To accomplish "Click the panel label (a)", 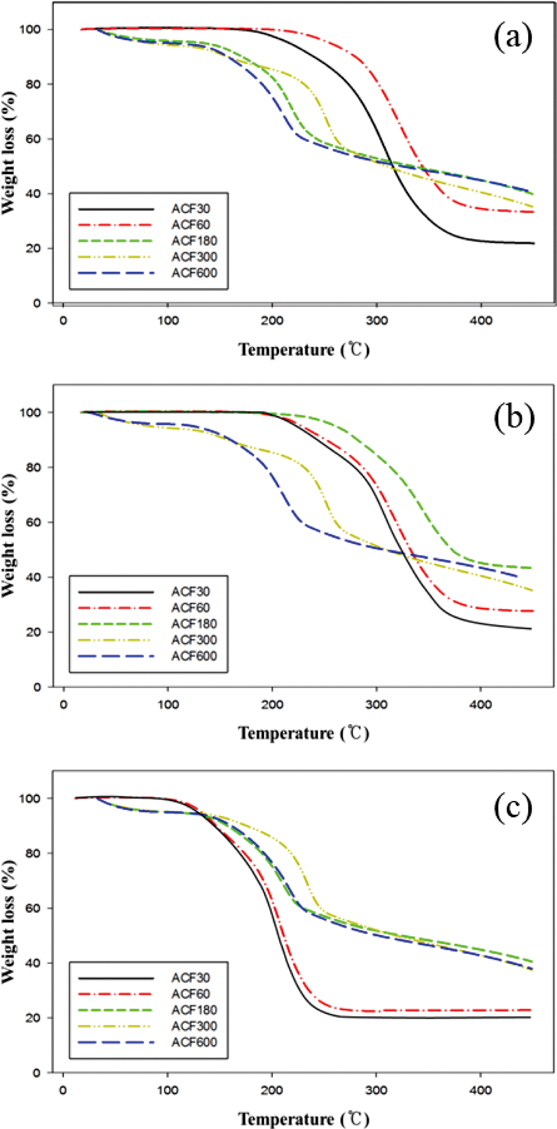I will [512, 38].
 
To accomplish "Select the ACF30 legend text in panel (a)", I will [191, 209].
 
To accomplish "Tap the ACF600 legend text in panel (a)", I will [194, 273].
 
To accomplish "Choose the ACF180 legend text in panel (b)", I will [194, 624].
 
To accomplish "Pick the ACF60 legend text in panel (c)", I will [191, 994].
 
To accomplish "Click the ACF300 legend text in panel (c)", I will [194, 1026].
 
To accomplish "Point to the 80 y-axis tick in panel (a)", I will [33, 84].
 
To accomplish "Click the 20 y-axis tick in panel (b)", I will [33, 632].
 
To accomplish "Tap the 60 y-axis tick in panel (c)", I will [33, 908].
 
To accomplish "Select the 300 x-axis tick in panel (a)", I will [376, 320].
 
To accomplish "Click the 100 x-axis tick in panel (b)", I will [168, 704].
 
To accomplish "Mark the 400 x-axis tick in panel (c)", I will [481, 1090].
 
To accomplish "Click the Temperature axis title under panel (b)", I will [303, 733].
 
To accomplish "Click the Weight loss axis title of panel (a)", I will [9, 153].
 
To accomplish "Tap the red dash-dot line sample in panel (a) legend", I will [115, 225].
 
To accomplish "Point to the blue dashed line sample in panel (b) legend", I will [115, 656].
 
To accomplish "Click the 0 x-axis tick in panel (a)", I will [64, 320].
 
